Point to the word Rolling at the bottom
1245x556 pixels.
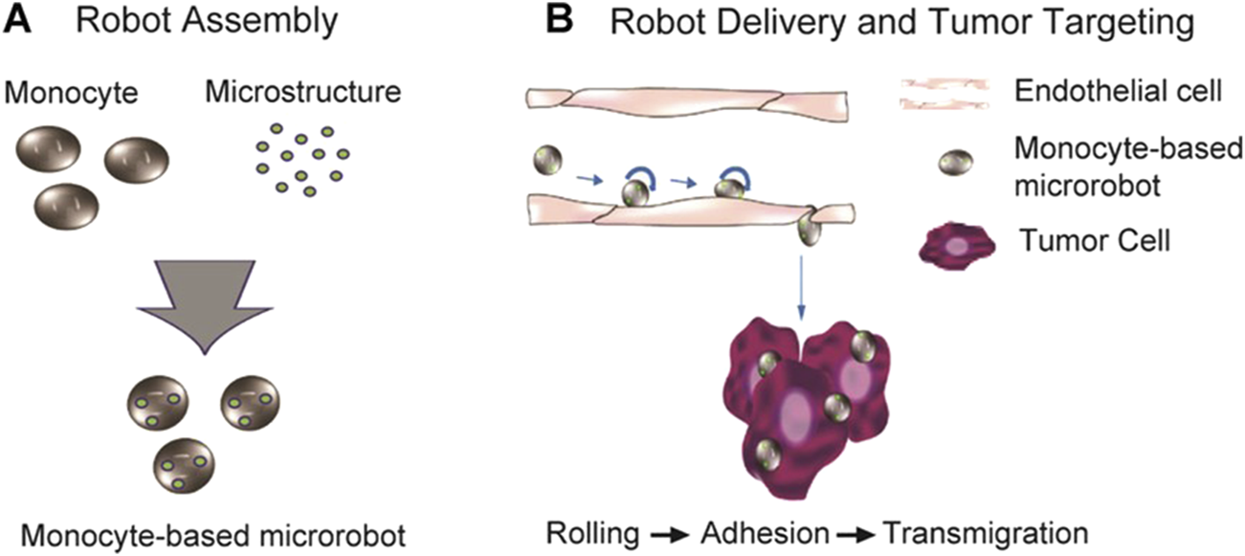pos(586,531)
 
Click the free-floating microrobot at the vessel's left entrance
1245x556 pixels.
pos(546,160)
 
